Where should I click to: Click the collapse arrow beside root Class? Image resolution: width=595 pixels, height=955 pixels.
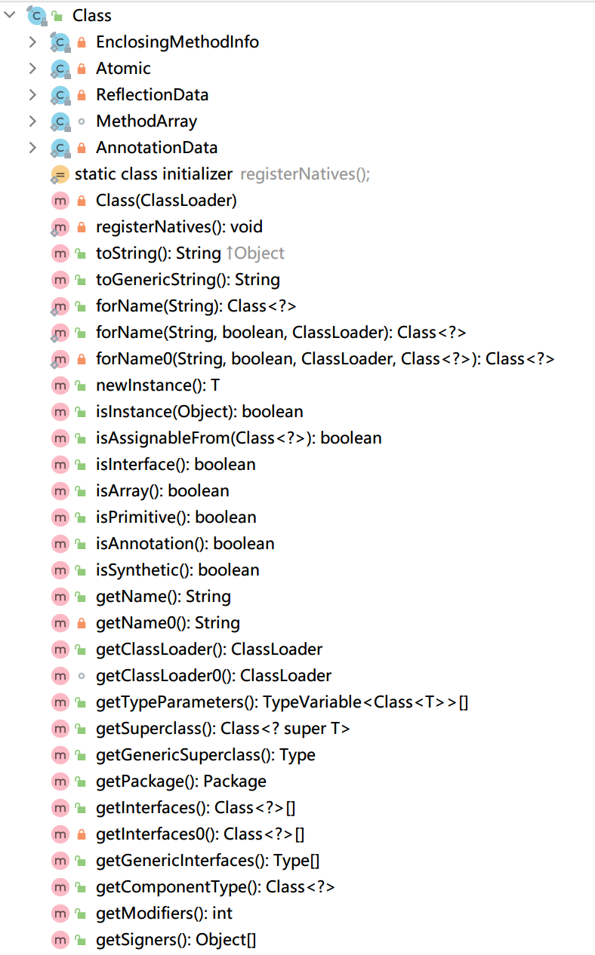[x=11, y=15]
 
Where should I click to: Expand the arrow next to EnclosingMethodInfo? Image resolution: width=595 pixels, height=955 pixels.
[x=32, y=41]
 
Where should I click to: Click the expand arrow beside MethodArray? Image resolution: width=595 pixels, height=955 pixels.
[x=32, y=121]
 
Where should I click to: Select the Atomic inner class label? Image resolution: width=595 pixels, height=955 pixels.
[x=123, y=68]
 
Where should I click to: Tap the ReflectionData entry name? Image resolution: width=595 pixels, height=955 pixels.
[x=152, y=94]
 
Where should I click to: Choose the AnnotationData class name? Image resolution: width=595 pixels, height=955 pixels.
[x=156, y=147]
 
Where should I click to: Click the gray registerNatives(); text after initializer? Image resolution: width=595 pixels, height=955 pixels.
[x=305, y=174]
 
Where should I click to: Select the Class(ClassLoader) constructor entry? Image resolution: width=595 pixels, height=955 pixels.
[x=166, y=201]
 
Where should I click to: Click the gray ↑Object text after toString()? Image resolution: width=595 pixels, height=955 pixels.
[x=255, y=253]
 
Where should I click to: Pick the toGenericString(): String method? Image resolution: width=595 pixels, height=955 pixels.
[x=188, y=280]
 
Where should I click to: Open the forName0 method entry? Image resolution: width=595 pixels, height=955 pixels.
[x=325, y=359]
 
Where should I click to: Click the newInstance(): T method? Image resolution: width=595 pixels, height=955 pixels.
[x=158, y=385]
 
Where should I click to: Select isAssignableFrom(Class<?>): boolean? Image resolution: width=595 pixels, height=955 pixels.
[x=239, y=438]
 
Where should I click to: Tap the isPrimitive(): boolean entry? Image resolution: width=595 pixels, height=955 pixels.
[x=176, y=517]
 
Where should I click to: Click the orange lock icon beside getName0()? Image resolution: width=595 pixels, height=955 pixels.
[x=82, y=623]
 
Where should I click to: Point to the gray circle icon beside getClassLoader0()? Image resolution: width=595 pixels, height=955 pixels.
[x=82, y=676]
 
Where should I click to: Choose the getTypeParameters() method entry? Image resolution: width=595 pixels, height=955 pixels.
[x=282, y=702]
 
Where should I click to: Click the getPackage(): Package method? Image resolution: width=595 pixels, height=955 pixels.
[x=181, y=782]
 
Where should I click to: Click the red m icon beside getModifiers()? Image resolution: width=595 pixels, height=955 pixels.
[x=60, y=914]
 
